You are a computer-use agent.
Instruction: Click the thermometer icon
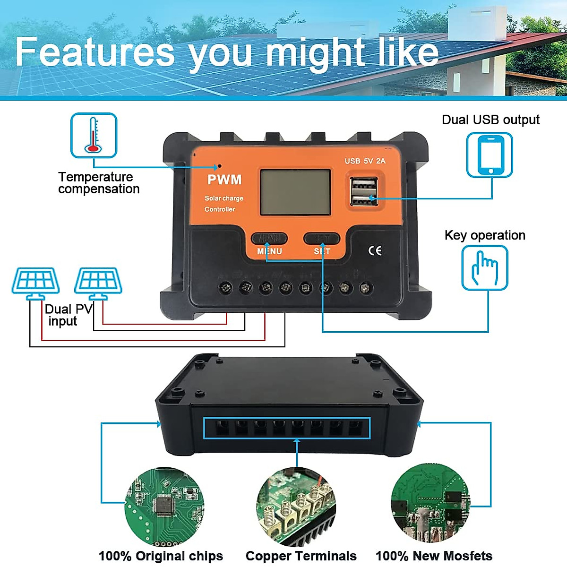pyautogui.click(x=94, y=135)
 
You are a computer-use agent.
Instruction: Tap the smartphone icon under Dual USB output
pyautogui.click(x=490, y=155)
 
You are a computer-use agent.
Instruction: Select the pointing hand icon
pyautogui.click(x=484, y=268)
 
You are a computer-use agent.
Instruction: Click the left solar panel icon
pyautogui.click(x=36, y=283)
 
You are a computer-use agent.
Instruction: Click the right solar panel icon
pyautogui.click(x=98, y=283)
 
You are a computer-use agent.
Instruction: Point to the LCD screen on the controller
pyautogui.click(x=295, y=192)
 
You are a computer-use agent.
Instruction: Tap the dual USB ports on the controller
pyautogui.click(x=364, y=191)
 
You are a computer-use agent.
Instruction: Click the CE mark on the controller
pyautogui.click(x=375, y=250)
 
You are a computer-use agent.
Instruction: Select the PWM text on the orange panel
pyautogui.click(x=224, y=180)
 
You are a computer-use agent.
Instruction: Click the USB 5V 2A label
pyautogui.click(x=365, y=161)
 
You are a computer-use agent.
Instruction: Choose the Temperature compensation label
pyautogui.click(x=99, y=183)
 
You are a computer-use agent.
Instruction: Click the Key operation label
pyautogui.click(x=485, y=235)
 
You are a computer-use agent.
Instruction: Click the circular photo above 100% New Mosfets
pyautogui.click(x=430, y=504)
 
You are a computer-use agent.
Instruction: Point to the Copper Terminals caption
pyautogui.click(x=301, y=556)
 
